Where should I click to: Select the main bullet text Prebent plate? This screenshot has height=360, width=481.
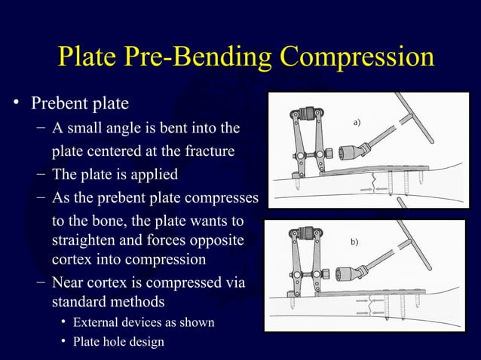click(78, 101)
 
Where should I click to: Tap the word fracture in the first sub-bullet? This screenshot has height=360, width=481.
click(207, 151)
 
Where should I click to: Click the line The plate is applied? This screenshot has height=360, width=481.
click(115, 175)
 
